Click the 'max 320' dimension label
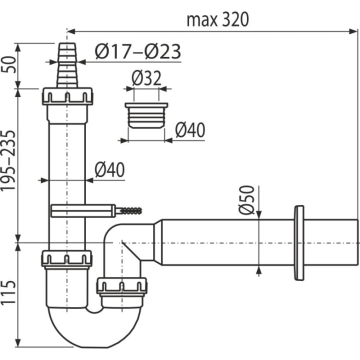click(217, 20)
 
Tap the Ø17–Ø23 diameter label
click(138, 51)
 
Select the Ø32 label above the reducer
click(146, 78)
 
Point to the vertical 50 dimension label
click(8, 64)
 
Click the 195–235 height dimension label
click(8, 160)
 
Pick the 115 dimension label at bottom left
click(8, 292)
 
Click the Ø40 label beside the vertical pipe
click(109, 169)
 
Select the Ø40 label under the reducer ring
click(190, 130)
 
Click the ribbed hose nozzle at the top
click(67, 65)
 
